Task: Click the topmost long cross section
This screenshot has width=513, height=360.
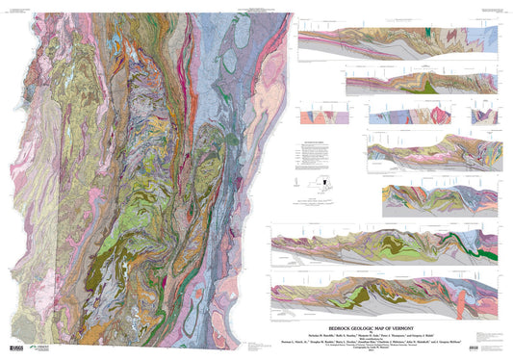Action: (399, 48)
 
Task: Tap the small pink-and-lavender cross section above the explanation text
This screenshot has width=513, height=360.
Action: (318, 116)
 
